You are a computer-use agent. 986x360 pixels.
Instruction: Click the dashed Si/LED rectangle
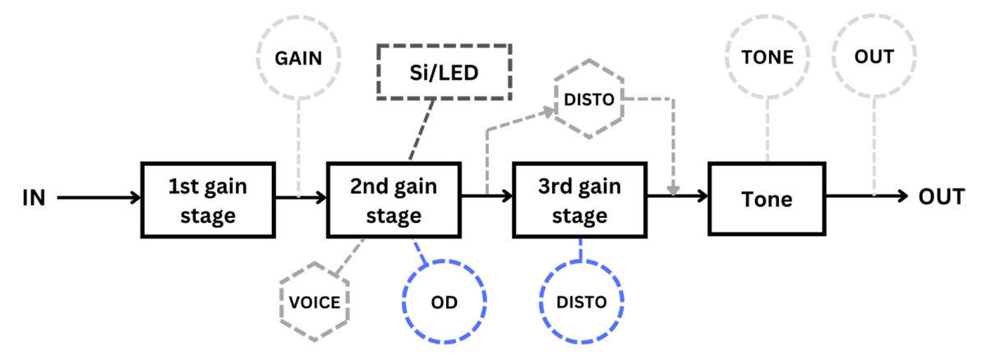[445, 71]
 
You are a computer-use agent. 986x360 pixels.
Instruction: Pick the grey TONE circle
[767, 57]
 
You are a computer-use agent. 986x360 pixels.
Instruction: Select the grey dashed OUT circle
[873, 57]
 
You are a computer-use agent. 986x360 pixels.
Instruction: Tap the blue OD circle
[445, 301]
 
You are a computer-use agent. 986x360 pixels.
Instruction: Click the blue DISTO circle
[582, 302]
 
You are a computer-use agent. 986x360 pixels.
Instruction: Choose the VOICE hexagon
[315, 302]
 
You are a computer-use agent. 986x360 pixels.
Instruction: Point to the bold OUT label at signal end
[942, 197]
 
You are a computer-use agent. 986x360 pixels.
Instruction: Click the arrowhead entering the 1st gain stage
[136, 197]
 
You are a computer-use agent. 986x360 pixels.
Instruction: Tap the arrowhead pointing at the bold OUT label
[901, 197]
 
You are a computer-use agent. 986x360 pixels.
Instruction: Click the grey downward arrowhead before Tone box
[673, 191]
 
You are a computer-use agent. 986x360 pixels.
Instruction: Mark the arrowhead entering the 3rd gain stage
[506, 197]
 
